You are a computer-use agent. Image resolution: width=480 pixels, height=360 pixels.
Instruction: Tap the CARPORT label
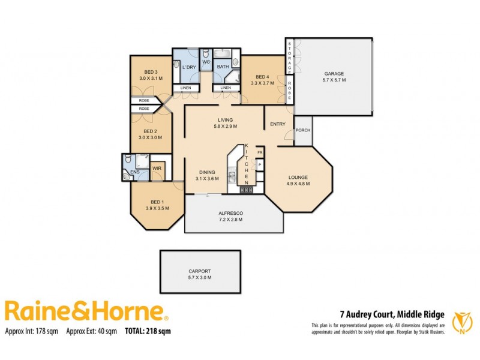pyautogui.click(x=200, y=271)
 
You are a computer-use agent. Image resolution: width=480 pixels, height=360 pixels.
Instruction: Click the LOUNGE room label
pyautogui.click(x=298, y=177)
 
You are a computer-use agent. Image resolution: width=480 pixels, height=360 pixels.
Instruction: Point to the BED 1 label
pyautogui.click(x=156, y=202)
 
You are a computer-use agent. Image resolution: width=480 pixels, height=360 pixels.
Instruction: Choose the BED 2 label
pyautogui.click(x=150, y=131)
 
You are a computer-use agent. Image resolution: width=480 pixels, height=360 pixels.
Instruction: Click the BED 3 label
pyautogui.click(x=150, y=72)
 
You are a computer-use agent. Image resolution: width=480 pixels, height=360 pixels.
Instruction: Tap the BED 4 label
pyautogui.click(x=262, y=77)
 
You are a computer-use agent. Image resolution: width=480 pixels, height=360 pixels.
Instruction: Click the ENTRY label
pyautogui.click(x=278, y=124)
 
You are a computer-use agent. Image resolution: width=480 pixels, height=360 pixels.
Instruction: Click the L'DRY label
pyautogui.click(x=190, y=67)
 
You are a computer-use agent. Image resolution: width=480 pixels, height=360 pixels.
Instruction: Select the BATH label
pyautogui.click(x=223, y=67)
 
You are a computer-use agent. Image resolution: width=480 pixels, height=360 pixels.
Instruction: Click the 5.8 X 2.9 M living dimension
pyautogui.click(x=226, y=127)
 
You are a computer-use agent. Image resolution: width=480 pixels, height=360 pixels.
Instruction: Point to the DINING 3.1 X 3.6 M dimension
pyautogui.click(x=207, y=178)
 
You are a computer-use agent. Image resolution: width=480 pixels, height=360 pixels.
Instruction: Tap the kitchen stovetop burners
pyautogui.click(x=247, y=190)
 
